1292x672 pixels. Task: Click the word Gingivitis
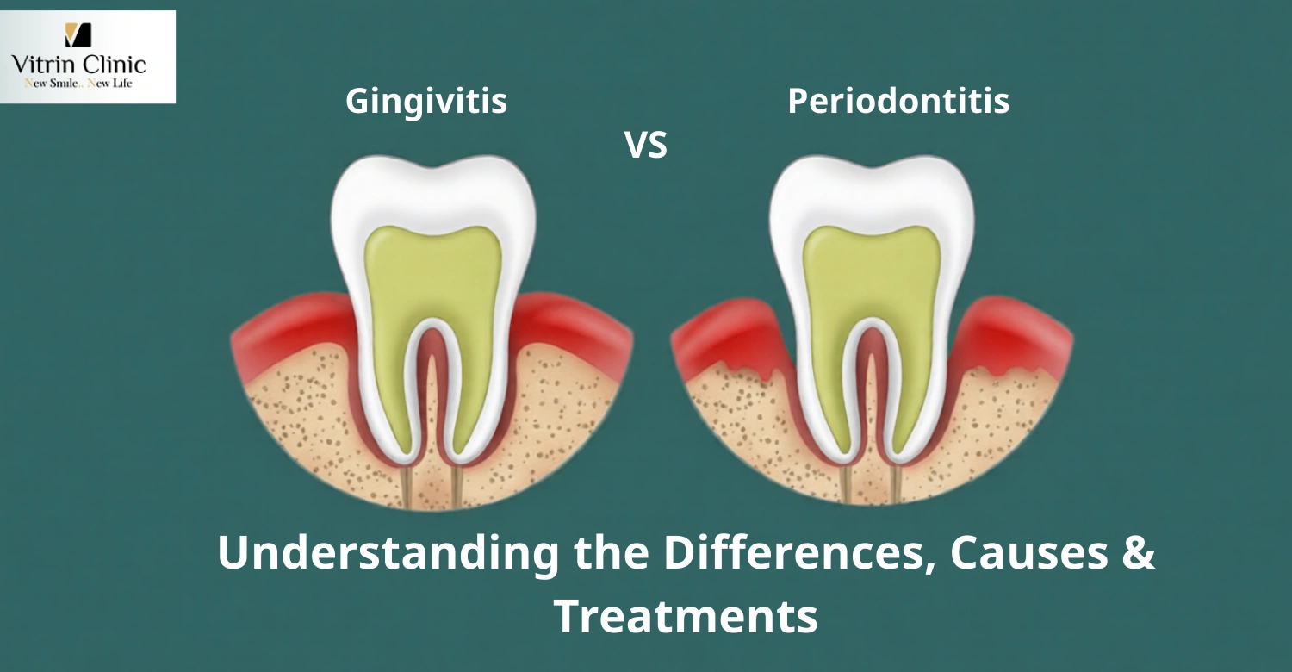point(426,102)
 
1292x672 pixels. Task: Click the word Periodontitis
point(898,102)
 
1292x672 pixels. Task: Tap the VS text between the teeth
point(646,146)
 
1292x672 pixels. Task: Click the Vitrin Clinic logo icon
point(78,35)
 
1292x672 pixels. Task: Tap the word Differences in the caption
point(796,554)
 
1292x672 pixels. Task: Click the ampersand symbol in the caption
point(1139,554)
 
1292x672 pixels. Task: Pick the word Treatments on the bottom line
point(685,617)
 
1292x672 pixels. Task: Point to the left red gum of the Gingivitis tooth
point(284,332)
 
